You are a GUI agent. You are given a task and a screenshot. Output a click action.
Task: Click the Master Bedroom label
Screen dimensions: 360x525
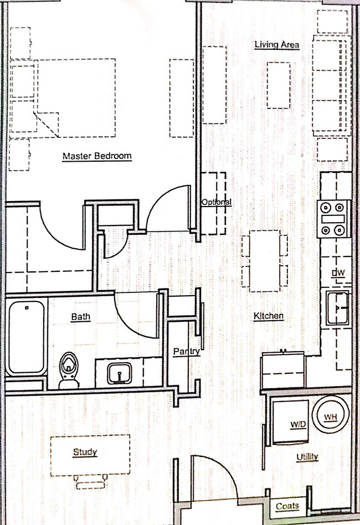[x=97, y=156]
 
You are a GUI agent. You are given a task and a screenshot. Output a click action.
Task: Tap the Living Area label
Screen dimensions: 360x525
[x=276, y=44]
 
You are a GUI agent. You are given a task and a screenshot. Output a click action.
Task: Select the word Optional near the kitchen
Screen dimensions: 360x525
[x=217, y=202]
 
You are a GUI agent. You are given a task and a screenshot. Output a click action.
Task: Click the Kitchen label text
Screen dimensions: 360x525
[x=269, y=316]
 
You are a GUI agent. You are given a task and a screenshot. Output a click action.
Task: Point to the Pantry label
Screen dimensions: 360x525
[x=187, y=352]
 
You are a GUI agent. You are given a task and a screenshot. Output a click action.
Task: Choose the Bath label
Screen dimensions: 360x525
[x=81, y=316]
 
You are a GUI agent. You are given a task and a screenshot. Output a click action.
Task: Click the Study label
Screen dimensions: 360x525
[x=85, y=452]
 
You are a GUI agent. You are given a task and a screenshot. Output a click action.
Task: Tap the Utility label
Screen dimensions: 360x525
[x=307, y=457]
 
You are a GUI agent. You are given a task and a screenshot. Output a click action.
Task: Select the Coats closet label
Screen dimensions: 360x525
[x=287, y=506]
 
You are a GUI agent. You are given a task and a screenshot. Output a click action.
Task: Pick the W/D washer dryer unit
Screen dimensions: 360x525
[x=290, y=422]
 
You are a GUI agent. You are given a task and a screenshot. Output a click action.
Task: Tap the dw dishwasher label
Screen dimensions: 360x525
[x=338, y=272]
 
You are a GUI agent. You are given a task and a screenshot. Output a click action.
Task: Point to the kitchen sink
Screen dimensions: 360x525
[x=337, y=308]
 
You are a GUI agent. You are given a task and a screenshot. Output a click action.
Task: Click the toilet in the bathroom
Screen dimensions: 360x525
[x=69, y=370]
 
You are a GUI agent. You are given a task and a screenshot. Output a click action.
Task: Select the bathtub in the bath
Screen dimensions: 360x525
[x=26, y=337]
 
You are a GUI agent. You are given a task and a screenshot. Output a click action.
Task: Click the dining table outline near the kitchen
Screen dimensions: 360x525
[x=265, y=261]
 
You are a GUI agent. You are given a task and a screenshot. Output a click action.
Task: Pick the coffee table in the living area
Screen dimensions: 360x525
[x=278, y=85]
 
